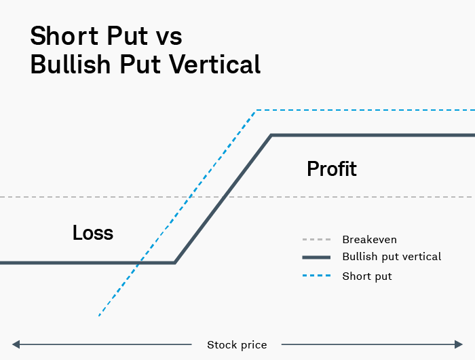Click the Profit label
(331, 168)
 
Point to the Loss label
(93, 233)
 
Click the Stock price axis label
(237, 345)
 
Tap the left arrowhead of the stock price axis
(16, 345)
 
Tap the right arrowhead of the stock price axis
(459, 345)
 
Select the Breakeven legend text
(369, 240)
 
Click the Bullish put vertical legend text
(392, 257)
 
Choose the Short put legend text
(367, 276)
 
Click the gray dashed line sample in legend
(316, 240)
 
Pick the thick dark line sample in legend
(316, 257)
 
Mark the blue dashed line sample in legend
(316, 276)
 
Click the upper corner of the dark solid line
(271, 135)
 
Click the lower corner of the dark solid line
(175, 262)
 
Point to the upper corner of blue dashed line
(256, 110)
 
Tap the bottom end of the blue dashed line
(99, 316)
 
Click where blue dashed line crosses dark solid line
(140, 262)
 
